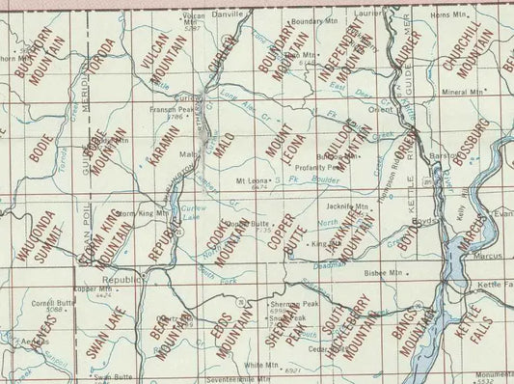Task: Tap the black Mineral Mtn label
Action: pyautogui.click(x=459, y=93)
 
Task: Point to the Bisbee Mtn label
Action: pyautogui.click(x=383, y=273)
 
